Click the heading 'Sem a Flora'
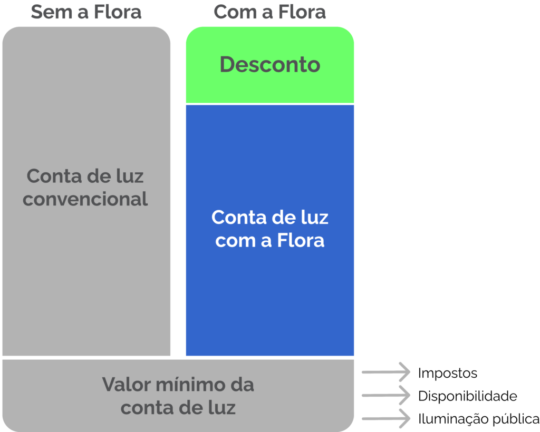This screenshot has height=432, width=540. pos(86,12)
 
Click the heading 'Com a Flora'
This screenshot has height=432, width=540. pos(269,12)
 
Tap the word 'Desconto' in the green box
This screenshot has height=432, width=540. pos(270,64)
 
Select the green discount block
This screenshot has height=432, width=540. pos(270,65)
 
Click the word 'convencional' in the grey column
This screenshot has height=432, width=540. pos(85,199)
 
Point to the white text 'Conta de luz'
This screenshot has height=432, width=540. pos(270,218)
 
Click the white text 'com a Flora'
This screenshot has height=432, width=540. pos(270,240)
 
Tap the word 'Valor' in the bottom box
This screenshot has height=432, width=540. pos(127,384)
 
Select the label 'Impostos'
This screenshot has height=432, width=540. pos(448,373)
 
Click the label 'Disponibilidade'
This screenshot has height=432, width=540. pos(468,396)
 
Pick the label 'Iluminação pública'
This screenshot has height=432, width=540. pos(479,419)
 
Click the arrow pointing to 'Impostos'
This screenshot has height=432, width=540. pos(385,372)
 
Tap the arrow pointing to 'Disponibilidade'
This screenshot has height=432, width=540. pos(385,395)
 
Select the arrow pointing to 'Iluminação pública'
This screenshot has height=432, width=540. pos(385,419)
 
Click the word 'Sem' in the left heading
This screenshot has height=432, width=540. pos(51,12)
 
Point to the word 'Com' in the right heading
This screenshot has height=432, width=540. pos(235,12)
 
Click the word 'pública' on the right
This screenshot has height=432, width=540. pos(516,419)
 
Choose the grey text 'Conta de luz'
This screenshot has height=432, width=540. pos(85,176)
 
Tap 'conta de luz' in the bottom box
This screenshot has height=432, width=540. pos(178,408)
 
